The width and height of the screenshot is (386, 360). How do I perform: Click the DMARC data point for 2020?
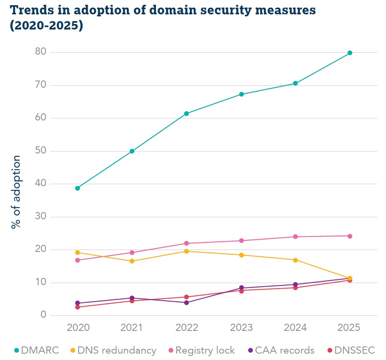pyautogui.click(x=77, y=188)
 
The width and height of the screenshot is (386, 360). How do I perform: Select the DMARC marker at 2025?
pyautogui.click(x=350, y=53)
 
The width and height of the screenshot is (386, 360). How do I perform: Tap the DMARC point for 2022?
pyautogui.click(x=186, y=114)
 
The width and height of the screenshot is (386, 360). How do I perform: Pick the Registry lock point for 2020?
pyautogui.click(x=77, y=260)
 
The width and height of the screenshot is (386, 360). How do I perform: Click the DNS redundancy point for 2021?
pyautogui.click(x=132, y=261)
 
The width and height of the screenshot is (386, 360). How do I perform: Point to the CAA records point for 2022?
pyautogui.click(x=186, y=303)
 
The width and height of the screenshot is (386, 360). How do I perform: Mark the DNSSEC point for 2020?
pyautogui.click(x=77, y=307)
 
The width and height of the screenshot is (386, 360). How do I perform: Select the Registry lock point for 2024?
pyautogui.click(x=295, y=237)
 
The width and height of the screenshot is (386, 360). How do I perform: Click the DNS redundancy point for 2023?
pyautogui.click(x=241, y=255)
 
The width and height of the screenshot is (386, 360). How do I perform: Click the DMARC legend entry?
pyautogui.click(x=36, y=350)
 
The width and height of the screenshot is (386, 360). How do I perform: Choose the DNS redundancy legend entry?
pyautogui.click(x=113, y=350)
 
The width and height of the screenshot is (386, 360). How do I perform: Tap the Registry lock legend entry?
pyautogui.click(x=202, y=350)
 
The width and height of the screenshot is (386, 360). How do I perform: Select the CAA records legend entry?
pyautogui.click(x=281, y=350)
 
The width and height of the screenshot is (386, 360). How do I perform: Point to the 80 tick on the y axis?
pyautogui.click(x=40, y=52)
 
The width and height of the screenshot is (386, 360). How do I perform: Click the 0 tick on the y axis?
pyautogui.click(x=43, y=315)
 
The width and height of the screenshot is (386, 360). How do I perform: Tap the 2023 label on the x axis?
pyautogui.click(x=241, y=328)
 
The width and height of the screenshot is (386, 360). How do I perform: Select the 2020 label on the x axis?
pyautogui.click(x=77, y=328)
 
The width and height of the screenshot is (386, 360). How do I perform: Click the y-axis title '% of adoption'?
pyautogui.click(x=16, y=192)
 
